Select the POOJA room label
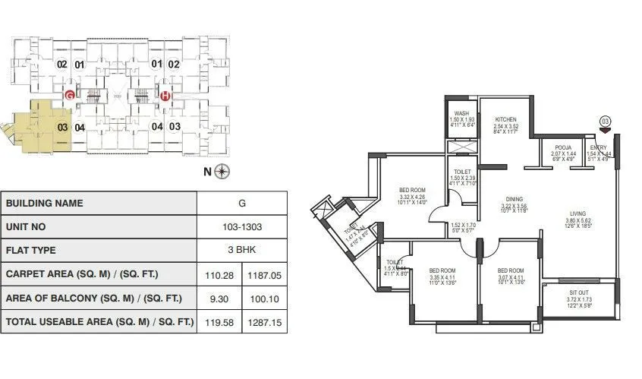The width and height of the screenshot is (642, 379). coord(562,147)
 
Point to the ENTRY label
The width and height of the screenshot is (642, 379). coord(600,147)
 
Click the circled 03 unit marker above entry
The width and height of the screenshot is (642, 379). coord(605,120)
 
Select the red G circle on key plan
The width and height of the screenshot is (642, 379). coord(69,96)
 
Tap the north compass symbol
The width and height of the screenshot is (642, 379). coord(222,171)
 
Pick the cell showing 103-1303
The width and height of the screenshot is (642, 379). coord(241,226)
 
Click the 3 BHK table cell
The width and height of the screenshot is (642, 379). coord(241,250)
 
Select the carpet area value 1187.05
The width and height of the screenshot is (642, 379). coord(264,273)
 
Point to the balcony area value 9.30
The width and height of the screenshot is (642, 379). coord(219,298)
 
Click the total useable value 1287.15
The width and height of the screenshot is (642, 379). coord(264,321)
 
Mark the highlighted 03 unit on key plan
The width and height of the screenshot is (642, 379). coord(62,127)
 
